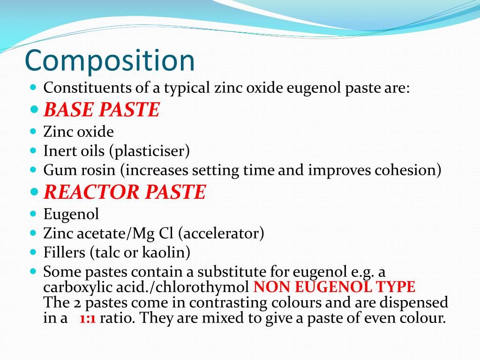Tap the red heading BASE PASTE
pos(102,110)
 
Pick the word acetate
pos(102,233)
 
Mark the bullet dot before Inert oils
pos(33,151)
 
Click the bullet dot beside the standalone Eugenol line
pos(33,214)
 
